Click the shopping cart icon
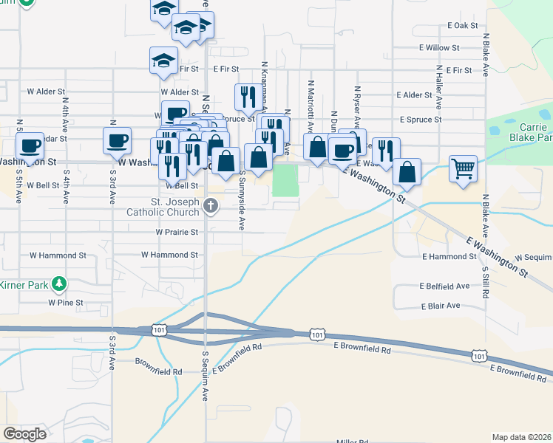[x=463, y=168]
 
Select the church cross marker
[x=211, y=207]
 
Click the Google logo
[x=24, y=434]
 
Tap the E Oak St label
[x=463, y=25]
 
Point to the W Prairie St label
[x=177, y=232]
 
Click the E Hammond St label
[x=449, y=256]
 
